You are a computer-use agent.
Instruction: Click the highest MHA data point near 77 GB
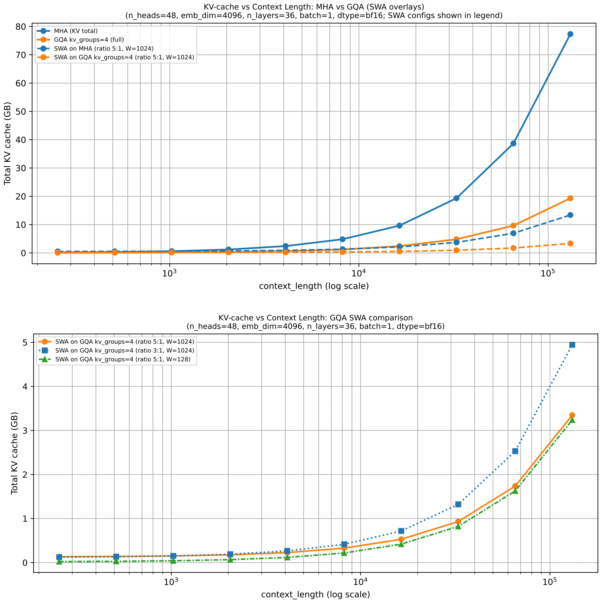tap(570, 34)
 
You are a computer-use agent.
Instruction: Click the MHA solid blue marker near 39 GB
tap(513, 144)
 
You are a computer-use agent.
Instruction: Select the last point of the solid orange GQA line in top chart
tap(570, 198)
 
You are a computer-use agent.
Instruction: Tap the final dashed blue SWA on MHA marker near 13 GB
tap(570, 215)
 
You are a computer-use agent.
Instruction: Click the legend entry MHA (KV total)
tap(76, 31)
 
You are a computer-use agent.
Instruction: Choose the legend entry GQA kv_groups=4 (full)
tap(89, 40)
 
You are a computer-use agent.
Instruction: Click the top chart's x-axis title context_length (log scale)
tap(314, 286)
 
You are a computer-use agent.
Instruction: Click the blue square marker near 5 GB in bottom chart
tap(572, 345)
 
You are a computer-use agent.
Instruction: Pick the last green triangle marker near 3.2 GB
tap(572, 420)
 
